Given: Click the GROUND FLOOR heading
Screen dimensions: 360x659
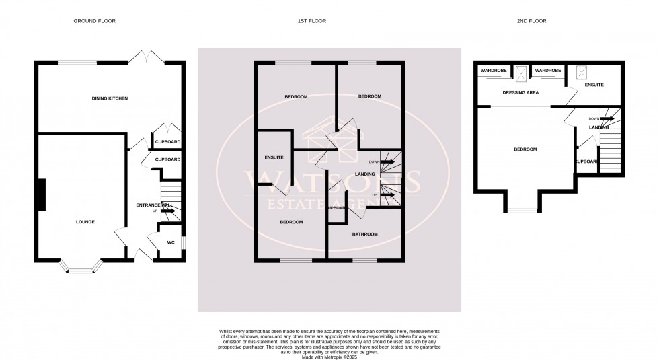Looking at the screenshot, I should pos(94,21).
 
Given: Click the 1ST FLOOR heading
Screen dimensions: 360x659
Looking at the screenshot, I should pos(312,21).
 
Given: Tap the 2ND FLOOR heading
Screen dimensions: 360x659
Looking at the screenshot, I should pos(532,21).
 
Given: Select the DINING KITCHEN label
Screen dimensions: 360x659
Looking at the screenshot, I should pos(110,98).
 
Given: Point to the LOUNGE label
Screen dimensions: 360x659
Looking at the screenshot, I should pos(85,221).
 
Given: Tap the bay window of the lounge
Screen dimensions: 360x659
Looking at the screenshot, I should pos(82,268).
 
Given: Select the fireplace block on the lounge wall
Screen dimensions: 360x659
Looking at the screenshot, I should pos(41,194).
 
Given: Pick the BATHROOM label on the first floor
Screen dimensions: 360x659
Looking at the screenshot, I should pos(364,234).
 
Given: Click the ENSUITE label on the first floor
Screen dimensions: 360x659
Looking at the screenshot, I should pos(274,157).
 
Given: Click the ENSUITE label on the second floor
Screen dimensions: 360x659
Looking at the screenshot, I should pos(594,85).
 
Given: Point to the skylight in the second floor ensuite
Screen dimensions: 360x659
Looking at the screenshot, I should pos(581,71).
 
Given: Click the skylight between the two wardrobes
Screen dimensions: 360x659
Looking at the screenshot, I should pos(521,71).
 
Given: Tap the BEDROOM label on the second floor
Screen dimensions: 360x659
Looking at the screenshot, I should pos(525,149).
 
